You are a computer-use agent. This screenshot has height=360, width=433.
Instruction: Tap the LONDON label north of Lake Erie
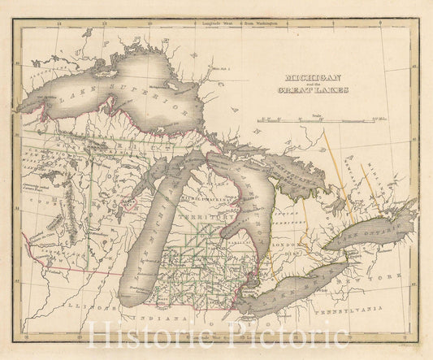tap(290, 245)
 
